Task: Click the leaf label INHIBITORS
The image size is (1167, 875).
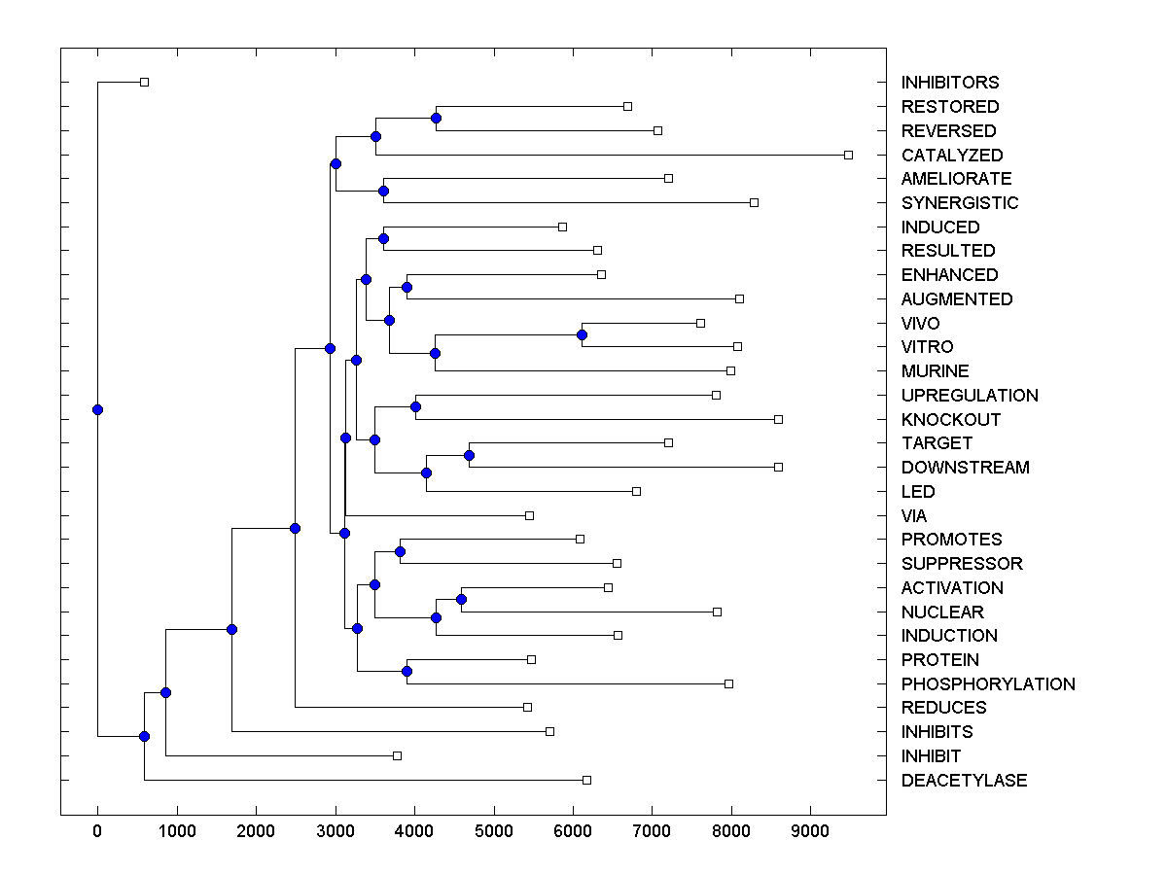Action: [x=949, y=83]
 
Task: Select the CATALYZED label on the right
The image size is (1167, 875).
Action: [x=951, y=155]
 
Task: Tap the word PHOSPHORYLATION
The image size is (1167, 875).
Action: [x=987, y=683]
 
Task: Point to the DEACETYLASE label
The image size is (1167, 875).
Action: [x=963, y=780]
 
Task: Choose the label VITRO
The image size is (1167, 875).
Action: [x=927, y=347]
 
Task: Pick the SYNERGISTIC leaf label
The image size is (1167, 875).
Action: [x=959, y=202]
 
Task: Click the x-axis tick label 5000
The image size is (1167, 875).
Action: [x=494, y=828]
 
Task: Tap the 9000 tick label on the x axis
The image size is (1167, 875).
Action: [x=811, y=828]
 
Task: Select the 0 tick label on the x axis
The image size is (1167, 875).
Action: [x=97, y=828]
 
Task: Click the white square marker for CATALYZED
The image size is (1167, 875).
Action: [x=848, y=155]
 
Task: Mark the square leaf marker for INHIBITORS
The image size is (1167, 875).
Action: [x=144, y=83]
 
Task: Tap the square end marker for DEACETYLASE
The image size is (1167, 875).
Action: [x=586, y=780]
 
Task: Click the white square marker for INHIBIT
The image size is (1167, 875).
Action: [x=397, y=755]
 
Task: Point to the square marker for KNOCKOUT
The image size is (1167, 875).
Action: [x=778, y=419]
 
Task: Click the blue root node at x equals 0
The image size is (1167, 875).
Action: [x=97, y=409]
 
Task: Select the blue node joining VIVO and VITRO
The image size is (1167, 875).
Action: [x=582, y=335]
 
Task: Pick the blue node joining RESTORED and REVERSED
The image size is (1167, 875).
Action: [x=437, y=118]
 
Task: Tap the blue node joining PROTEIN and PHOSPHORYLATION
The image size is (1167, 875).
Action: [x=407, y=671]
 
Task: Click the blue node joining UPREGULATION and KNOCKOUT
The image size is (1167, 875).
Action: [x=415, y=406]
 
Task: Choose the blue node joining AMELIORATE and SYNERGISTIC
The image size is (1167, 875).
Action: [x=383, y=191]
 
